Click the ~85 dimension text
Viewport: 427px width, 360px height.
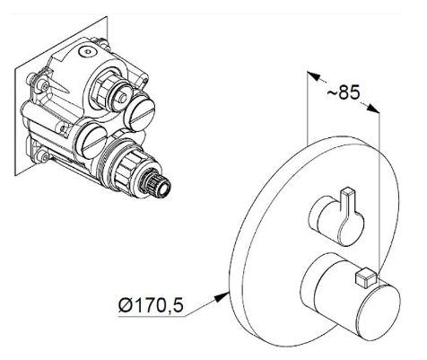tap(344, 92)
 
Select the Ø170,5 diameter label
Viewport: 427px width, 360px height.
tap(151, 305)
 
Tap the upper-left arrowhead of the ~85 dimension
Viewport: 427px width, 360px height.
tap(314, 76)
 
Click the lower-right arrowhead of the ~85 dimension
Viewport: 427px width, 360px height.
tap(373, 109)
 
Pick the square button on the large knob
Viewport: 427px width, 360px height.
tap(366, 279)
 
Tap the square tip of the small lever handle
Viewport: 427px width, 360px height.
tap(347, 191)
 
